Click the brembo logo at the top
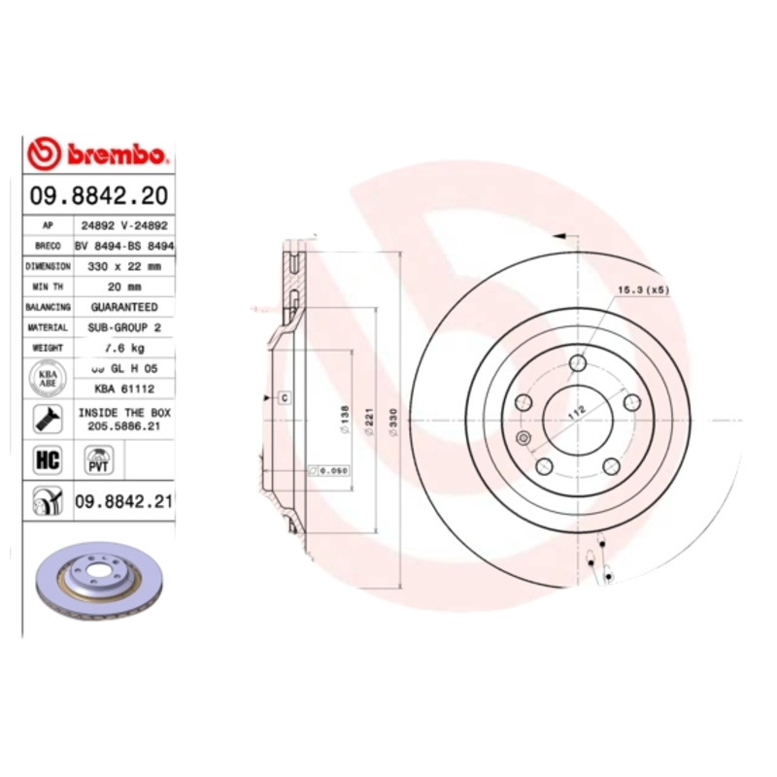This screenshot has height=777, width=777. tap(99, 153)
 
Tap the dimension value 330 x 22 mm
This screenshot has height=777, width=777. tap(125, 265)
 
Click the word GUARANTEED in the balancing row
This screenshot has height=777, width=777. tap(124, 307)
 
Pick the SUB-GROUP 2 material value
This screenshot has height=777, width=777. tap(124, 327)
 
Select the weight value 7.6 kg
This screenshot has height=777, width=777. tap(124, 348)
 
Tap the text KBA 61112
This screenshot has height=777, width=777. tap(124, 388)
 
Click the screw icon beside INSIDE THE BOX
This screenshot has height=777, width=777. tap(46, 419)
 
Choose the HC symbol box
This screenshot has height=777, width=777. tap(47, 459)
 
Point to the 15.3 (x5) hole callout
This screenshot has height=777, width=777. tap(643, 290)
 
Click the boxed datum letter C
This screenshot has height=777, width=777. tap(285, 397)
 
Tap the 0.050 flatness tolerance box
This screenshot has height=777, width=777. tap(328, 471)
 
